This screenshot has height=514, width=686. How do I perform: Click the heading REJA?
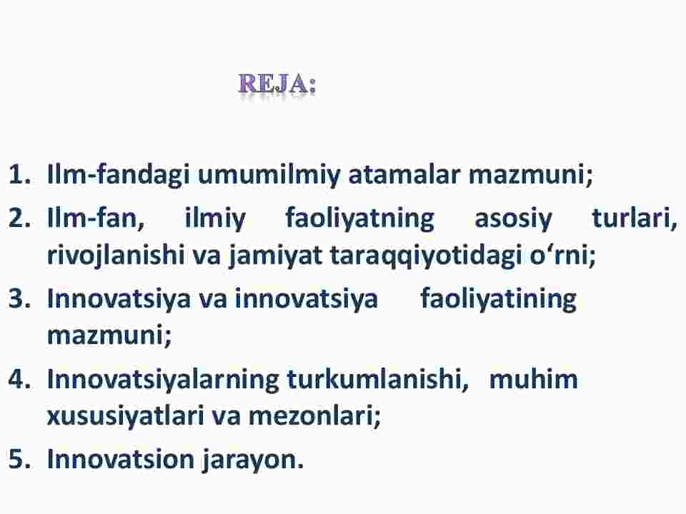pyautogui.click(x=277, y=84)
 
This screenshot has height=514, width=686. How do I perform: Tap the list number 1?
pyautogui.click(x=20, y=174)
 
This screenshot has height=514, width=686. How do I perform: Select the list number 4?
pyautogui.click(x=20, y=378)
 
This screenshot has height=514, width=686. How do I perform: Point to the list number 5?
pyautogui.click(x=20, y=459)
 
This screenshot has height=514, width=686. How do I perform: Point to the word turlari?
pyautogui.click(x=635, y=218)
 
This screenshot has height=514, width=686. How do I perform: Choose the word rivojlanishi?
pyautogui.click(x=116, y=256)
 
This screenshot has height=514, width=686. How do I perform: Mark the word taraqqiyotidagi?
pyautogui.click(x=426, y=256)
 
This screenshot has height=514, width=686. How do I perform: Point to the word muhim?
pyautogui.click(x=533, y=378)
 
